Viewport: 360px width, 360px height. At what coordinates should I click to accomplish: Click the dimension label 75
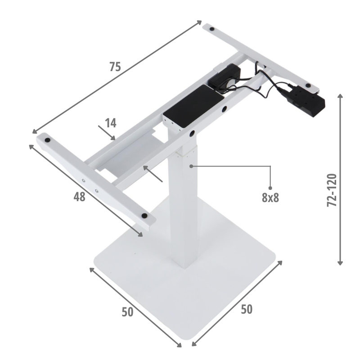click(115, 67)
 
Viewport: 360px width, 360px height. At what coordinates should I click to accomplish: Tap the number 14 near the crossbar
click(111, 123)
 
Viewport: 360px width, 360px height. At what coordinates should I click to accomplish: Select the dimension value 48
click(80, 197)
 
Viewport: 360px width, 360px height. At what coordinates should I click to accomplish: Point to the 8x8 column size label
click(270, 198)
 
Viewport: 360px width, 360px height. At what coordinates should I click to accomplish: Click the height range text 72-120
click(332, 190)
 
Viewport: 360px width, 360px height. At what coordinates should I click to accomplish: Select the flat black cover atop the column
click(193, 106)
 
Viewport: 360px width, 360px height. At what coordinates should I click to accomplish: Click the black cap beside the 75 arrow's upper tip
click(212, 29)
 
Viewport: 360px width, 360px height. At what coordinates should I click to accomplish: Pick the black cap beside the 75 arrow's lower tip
click(48, 140)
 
